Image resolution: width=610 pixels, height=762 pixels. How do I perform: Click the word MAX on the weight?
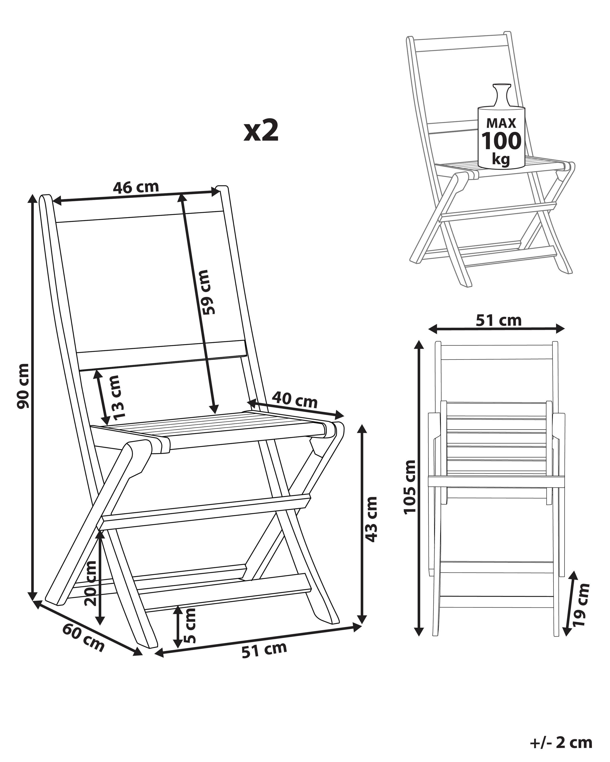[501, 123]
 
